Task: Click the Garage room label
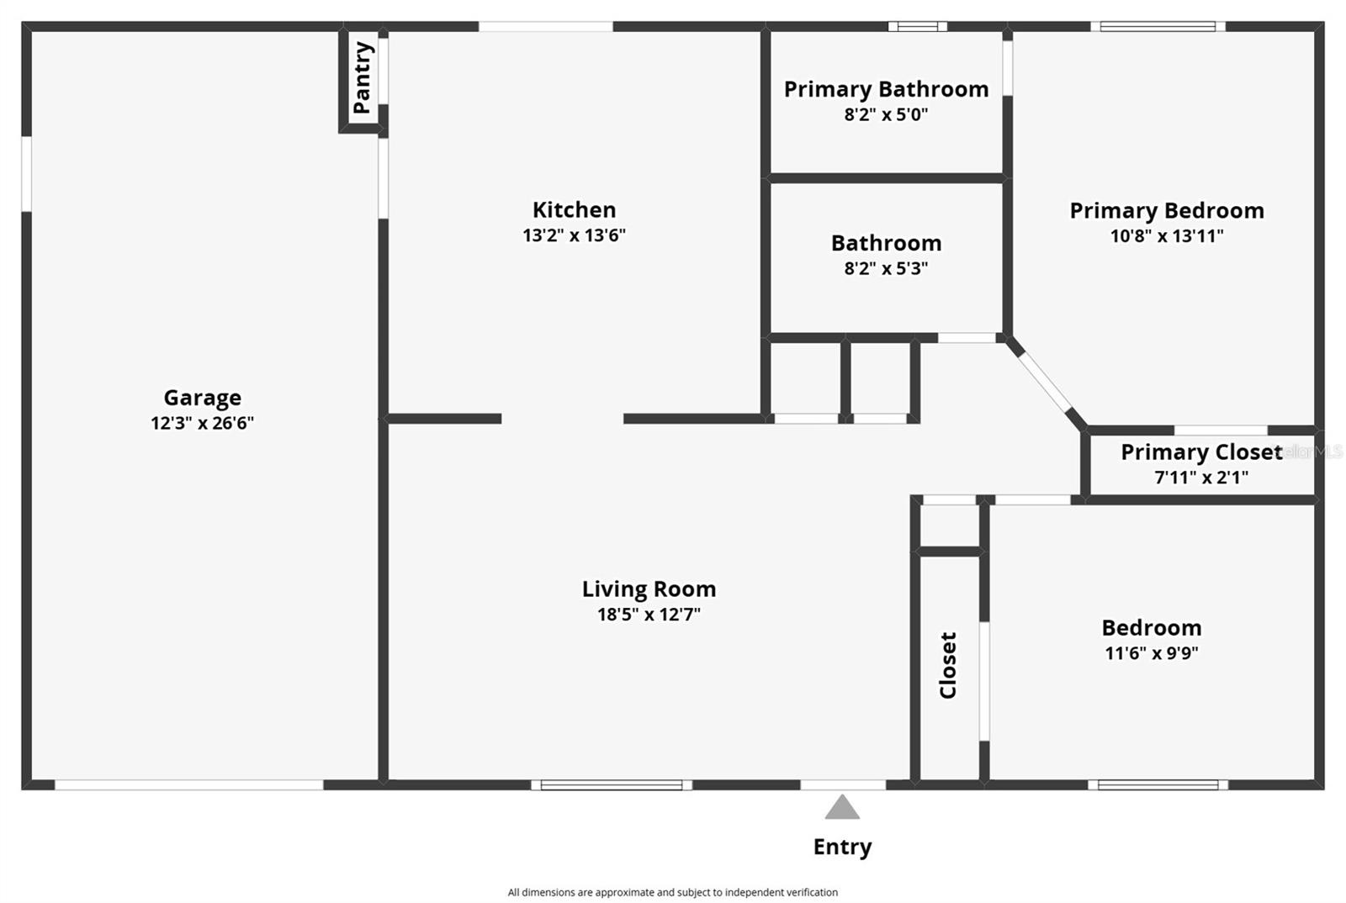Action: (202, 398)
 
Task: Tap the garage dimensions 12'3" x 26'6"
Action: (202, 423)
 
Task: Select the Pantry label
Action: (363, 77)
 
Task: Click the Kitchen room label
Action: (574, 210)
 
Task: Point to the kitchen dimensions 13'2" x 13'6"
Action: (574, 235)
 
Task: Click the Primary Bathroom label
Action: (886, 89)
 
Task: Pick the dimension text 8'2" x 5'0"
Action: (886, 114)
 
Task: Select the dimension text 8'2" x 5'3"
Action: (886, 268)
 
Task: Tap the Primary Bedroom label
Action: (1166, 211)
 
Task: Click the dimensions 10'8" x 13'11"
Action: (1166, 236)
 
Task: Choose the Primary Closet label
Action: (1200, 452)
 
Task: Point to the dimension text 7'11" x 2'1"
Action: (1200, 478)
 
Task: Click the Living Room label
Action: (649, 589)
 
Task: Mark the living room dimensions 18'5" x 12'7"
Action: (649, 615)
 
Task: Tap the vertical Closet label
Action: (948, 665)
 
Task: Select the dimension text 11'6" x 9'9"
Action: (1151, 653)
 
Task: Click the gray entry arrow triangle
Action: (842, 809)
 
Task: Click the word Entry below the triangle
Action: (842, 847)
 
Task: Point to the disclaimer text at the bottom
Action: (672, 892)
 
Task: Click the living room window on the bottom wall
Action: (612, 785)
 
